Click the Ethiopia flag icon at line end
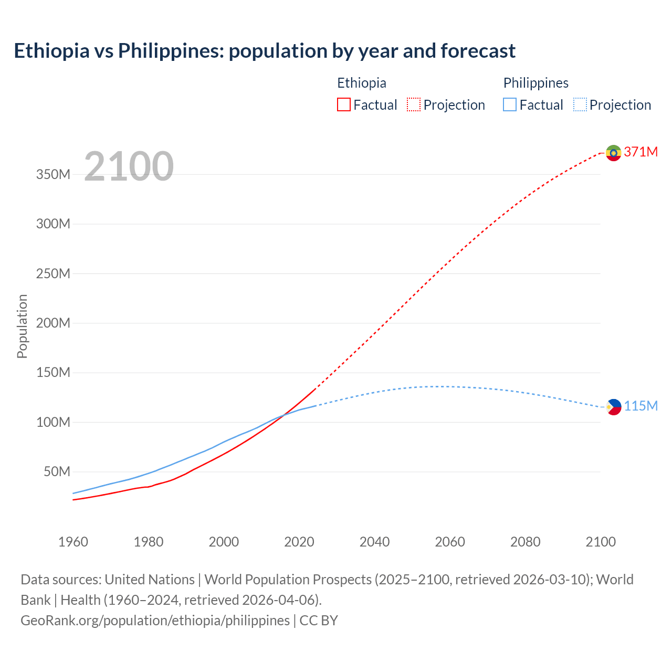tap(613, 153)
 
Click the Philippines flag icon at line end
tap(613, 407)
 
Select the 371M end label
tap(640, 152)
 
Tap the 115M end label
tap(640, 406)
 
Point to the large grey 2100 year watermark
tap(129, 166)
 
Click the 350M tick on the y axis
tap(53, 175)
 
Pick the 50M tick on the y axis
tap(56, 471)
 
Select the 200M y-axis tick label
tap(53, 323)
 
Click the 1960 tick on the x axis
tap(73, 542)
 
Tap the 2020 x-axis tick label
tap(299, 542)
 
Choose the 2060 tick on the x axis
tap(450, 542)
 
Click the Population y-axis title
tap(22, 326)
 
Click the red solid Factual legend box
tap(343, 105)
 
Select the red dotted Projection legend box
tap(414, 105)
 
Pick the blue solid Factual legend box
tap(510, 105)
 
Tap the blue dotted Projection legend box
tap(580, 105)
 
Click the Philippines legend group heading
tap(535, 83)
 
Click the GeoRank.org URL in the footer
tap(155, 621)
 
